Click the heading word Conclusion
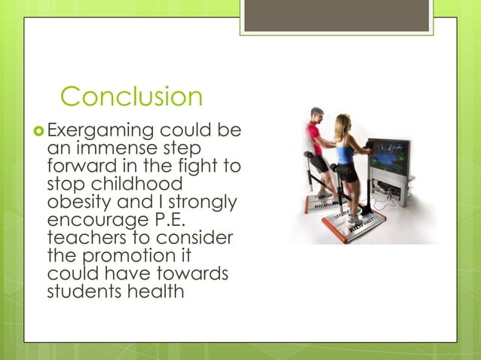click(131, 97)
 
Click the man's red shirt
click(314, 140)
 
